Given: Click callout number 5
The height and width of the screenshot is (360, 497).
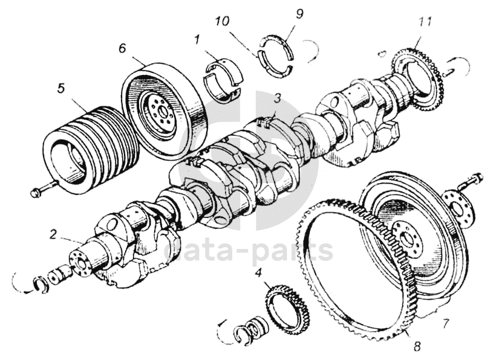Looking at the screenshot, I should point(60,88).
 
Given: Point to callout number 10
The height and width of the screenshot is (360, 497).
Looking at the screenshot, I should point(222,22).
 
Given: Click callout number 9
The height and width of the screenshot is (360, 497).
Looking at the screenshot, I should point(299,13).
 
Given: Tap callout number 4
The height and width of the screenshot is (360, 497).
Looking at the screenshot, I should point(259,273).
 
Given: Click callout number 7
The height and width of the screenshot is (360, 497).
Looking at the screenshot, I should point(446,323).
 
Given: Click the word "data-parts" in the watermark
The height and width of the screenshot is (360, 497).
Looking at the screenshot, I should point(248,249).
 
